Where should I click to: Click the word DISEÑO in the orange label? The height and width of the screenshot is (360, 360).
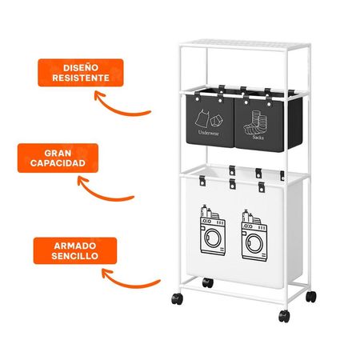click(81, 68)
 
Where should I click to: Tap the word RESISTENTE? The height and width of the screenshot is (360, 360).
click(81, 78)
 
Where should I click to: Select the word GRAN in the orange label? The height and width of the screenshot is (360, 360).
click(58, 154)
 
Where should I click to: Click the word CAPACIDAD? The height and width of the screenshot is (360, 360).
click(58, 163)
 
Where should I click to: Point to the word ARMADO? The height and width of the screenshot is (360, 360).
click(75, 246)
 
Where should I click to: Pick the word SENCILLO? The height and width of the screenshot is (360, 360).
click(75, 256)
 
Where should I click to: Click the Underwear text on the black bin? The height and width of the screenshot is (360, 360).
click(209, 133)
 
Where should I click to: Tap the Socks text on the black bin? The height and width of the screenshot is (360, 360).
click(258, 138)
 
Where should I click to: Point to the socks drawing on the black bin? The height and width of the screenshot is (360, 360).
click(251, 123)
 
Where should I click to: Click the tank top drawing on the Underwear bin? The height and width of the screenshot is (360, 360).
click(202, 118)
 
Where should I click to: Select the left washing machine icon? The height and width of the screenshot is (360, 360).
click(213, 230)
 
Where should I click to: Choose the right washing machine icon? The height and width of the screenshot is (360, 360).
click(254, 235)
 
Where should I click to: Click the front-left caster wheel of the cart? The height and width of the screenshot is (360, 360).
click(178, 298)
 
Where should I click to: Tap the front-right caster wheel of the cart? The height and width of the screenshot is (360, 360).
click(284, 316)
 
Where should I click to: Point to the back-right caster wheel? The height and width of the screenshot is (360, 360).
click(311, 297)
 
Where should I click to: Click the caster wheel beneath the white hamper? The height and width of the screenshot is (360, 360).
click(208, 282)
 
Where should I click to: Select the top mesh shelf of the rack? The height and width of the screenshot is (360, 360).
click(245, 45)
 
